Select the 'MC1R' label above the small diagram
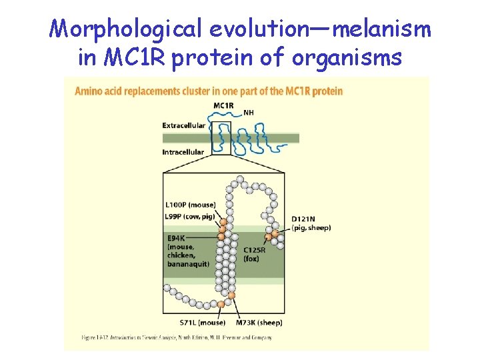pyautogui.click(x=223, y=106)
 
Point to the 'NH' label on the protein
pyautogui.click(x=249, y=113)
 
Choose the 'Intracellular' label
pyautogui.click(x=183, y=152)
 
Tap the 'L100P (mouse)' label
pyautogui.click(x=190, y=205)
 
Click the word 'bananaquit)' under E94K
pyautogui.click(x=189, y=264)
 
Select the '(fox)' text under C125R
pyautogui.click(x=251, y=259)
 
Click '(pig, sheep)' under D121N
pyautogui.click(x=311, y=228)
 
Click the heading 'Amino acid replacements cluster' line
pyautogui.click(x=209, y=91)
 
